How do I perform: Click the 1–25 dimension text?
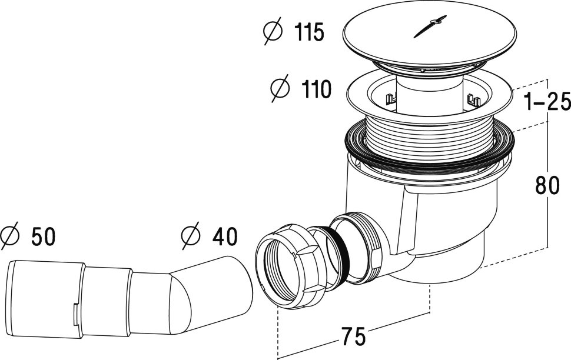coord(545,104)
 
